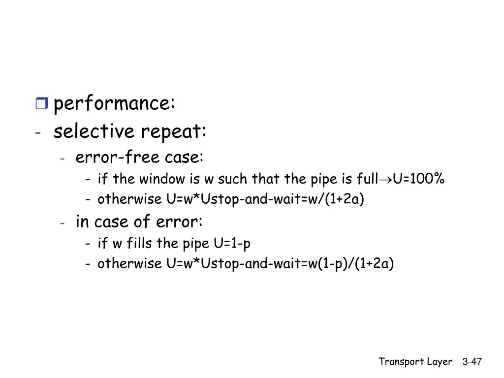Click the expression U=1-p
(233, 243)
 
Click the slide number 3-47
(472, 362)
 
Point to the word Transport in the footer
(398, 362)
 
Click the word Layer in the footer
(440, 362)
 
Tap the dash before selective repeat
(38, 132)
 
